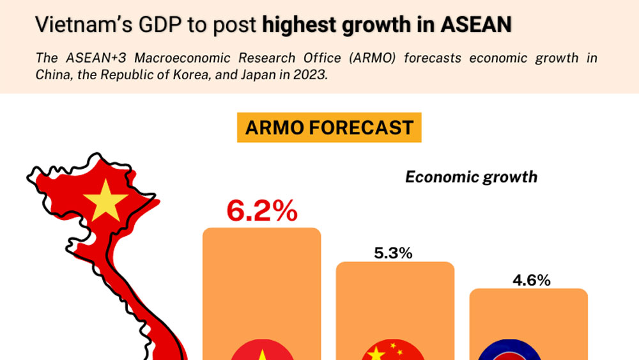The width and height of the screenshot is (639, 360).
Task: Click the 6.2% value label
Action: [x=262, y=210]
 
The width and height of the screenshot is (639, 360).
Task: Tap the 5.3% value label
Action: [x=393, y=253]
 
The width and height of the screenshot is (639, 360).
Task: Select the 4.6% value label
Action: [x=531, y=280]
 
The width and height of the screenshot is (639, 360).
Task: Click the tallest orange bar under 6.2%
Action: [x=261, y=281]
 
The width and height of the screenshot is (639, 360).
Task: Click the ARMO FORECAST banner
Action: [x=329, y=127]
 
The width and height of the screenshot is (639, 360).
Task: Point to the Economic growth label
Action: [x=471, y=176]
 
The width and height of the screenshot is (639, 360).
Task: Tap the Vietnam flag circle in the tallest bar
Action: [x=261, y=350]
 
